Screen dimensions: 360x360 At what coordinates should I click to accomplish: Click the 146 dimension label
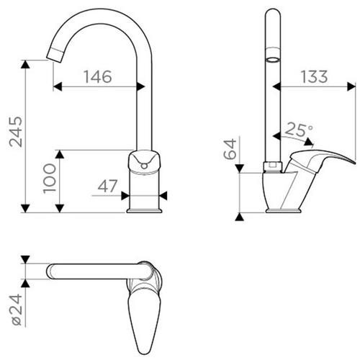(x=98, y=77)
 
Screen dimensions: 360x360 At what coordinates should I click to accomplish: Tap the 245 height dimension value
(x=16, y=132)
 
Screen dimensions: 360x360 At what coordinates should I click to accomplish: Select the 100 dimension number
(x=50, y=179)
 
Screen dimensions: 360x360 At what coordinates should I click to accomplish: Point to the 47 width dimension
(x=107, y=186)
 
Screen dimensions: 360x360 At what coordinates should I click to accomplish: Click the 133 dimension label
(x=314, y=77)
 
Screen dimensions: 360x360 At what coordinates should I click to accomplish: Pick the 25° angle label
(x=299, y=130)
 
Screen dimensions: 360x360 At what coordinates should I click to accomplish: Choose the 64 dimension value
(x=230, y=149)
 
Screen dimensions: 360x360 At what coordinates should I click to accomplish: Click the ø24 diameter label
(x=17, y=310)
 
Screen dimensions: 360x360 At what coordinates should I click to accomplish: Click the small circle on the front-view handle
(x=144, y=166)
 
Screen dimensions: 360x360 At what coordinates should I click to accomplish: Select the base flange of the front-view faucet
(x=144, y=211)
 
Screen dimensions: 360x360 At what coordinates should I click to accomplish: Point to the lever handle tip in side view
(x=354, y=162)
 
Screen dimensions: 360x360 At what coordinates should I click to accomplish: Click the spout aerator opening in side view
(x=273, y=60)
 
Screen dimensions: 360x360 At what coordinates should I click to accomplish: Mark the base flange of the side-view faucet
(x=284, y=211)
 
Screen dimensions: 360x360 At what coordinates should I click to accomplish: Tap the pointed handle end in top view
(x=144, y=353)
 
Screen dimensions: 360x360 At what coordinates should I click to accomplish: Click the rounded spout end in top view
(x=49, y=271)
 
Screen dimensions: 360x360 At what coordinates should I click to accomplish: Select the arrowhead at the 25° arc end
(x=309, y=142)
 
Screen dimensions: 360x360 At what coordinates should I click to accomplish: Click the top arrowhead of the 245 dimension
(x=25, y=64)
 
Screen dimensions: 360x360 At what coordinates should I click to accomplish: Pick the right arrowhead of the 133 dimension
(x=351, y=86)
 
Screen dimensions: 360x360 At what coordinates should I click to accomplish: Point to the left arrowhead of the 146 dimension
(x=58, y=86)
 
